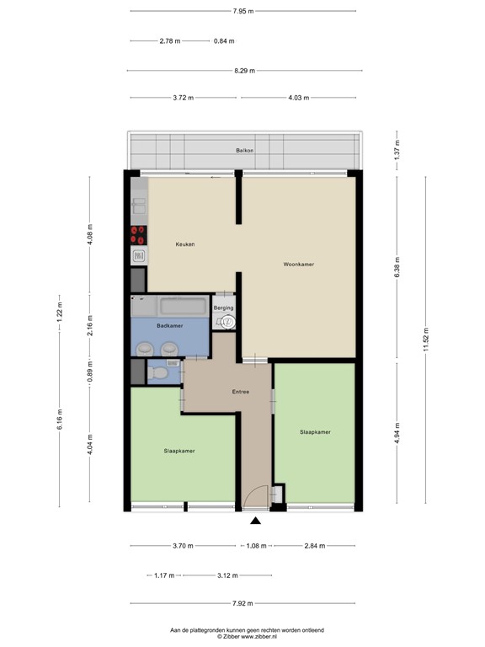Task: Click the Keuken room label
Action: tap(184, 244)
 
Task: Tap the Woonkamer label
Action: tap(298, 265)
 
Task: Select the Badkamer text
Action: tap(169, 325)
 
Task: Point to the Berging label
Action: tap(223, 308)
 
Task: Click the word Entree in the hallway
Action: tap(241, 393)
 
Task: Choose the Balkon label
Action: tap(244, 151)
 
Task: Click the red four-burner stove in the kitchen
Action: tap(139, 234)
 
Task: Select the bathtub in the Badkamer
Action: tap(182, 305)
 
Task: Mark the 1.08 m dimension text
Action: tap(255, 546)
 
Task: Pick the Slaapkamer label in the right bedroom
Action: tap(314, 432)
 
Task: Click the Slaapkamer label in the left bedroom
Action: tap(179, 451)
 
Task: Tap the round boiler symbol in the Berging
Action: tap(223, 320)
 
